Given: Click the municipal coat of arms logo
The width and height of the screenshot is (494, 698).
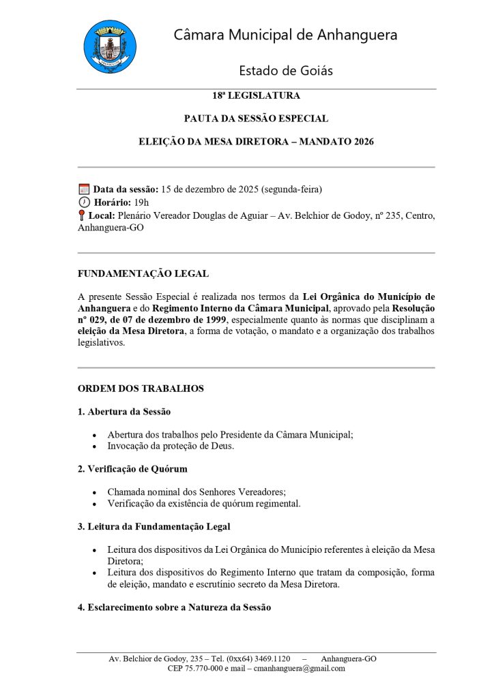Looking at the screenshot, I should click(109, 46).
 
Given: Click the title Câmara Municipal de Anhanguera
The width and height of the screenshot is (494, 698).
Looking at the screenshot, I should click(285, 35).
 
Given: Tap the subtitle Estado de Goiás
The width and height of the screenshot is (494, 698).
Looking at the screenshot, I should click(285, 70).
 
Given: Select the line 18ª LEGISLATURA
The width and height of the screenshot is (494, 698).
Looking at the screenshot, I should click(256, 95).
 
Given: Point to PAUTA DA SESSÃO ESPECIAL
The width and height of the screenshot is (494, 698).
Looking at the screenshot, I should click(256, 119).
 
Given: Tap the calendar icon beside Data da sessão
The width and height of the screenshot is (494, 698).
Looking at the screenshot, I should click(84, 189).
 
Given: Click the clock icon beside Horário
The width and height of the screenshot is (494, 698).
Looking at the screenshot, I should click(84, 202).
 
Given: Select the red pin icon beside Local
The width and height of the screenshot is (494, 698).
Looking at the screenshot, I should click(82, 215).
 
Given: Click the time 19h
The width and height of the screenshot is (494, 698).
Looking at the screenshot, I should click(141, 202).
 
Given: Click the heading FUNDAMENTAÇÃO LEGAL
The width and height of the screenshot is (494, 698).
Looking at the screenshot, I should click(143, 274).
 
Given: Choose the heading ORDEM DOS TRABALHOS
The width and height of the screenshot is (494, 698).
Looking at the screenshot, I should click(141, 389).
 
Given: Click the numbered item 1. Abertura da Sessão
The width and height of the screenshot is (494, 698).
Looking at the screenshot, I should click(123, 412).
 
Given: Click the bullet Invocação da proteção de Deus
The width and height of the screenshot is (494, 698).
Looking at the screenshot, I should click(171, 446).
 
